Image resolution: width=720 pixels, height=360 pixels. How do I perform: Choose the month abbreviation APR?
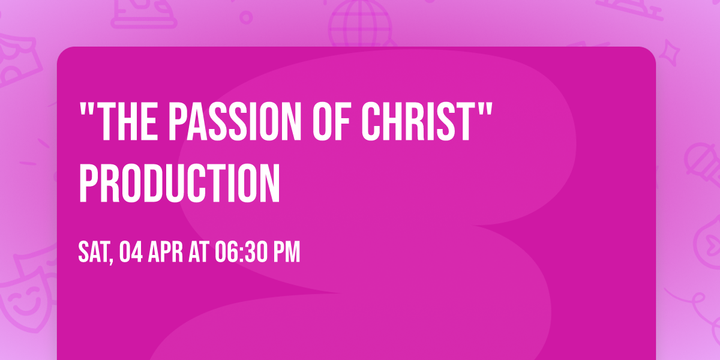click(168, 253)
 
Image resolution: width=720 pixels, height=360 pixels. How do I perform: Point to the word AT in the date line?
click(206, 253)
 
